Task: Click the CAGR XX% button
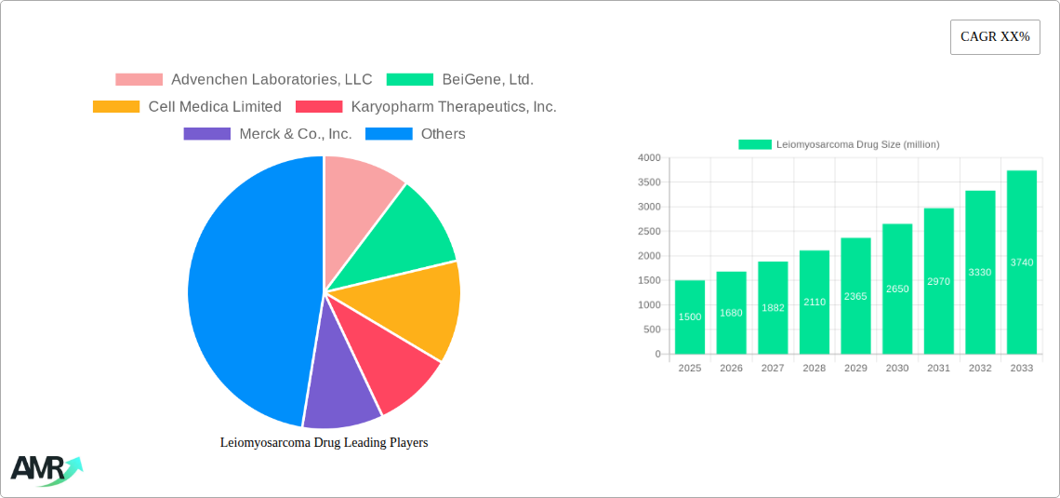pyautogui.click(x=995, y=37)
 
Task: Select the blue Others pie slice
pyautogui.click(x=246, y=289)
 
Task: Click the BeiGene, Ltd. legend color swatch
pyautogui.click(x=410, y=80)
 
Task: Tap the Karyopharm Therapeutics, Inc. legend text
pyautogui.click(x=454, y=107)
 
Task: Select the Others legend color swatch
pyautogui.click(x=389, y=134)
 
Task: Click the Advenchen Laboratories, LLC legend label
pyautogui.click(x=272, y=80)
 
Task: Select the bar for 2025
pyautogui.click(x=690, y=317)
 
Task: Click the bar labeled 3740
pyautogui.click(x=1021, y=262)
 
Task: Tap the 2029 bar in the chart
pyautogui.click(x=855, y=296)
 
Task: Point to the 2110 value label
pyautogui.click(x=815, y=302)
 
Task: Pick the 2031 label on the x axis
pyautogui.click(x=938, y=369)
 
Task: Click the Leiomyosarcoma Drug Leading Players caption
pyautogui.click(x=324, y=443)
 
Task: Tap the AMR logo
pyautogui.click(x=45, y=470)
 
